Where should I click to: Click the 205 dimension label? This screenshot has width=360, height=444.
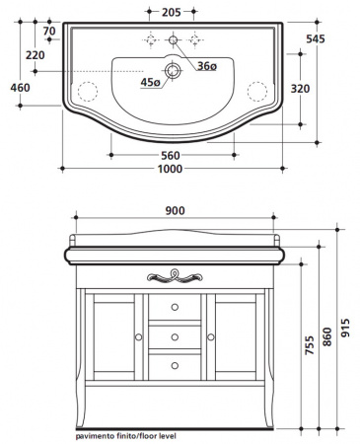172,12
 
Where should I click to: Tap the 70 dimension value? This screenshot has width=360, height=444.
49,31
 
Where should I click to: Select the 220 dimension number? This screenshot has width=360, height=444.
36,55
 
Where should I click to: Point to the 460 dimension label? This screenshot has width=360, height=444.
20,88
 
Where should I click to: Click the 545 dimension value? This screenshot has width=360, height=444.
316,38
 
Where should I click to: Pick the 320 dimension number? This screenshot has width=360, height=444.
300,88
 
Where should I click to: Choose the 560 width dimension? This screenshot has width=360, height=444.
171,155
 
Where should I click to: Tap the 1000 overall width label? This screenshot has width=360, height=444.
170,169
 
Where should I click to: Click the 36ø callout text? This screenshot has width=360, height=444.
207,66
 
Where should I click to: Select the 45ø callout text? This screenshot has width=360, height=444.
150,82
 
